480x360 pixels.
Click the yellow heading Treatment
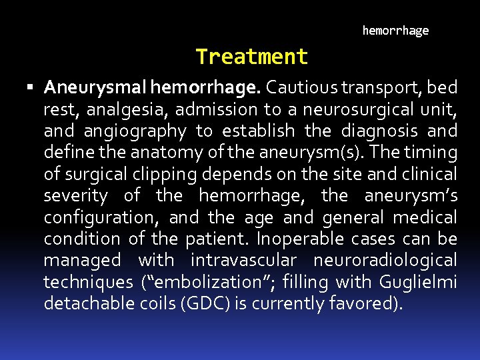pyautogui.click(x=252, y=57)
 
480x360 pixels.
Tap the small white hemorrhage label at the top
pyautogui.click(x=395, y=31)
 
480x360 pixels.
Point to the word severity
pyautogui.click(x=75, y=196)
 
